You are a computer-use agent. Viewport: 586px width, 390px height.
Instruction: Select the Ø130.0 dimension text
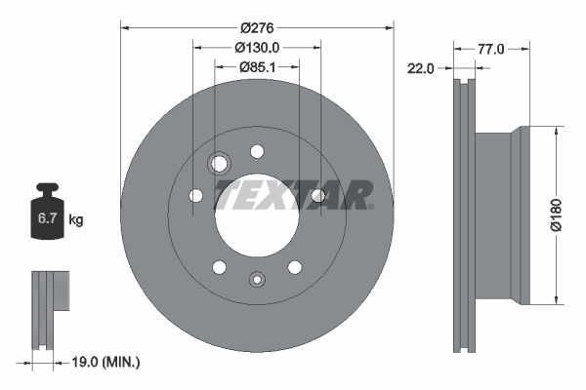click(257, 46)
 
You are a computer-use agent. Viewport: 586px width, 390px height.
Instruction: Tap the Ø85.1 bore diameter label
click(257, 67)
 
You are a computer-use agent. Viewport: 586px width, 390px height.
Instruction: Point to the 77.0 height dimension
click(491, 47)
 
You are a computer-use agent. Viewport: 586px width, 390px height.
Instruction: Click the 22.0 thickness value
click(422, 67)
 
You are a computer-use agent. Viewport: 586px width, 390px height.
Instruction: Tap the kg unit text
click(76, 220)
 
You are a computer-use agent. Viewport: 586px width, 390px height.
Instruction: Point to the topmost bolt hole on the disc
click(257, 151)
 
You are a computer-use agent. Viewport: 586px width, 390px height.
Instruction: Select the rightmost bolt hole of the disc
click(317, 196)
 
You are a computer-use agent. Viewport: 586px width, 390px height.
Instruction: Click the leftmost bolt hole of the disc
click(195, 196)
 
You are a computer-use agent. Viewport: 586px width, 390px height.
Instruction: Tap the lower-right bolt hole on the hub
click(294, 267)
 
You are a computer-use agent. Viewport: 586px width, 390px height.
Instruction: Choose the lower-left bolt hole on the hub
click(220, 267)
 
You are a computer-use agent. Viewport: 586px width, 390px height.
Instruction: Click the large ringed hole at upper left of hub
click(220, 163)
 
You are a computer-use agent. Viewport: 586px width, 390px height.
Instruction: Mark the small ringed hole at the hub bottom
click(257, 278)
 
